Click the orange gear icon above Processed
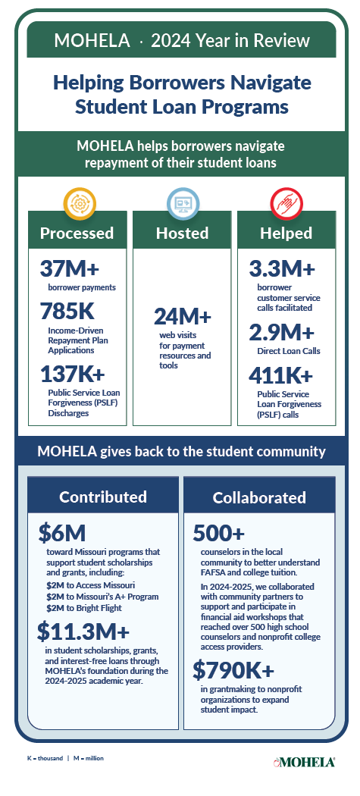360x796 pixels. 77,202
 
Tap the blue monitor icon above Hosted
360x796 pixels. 182,202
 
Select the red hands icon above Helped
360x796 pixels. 286,202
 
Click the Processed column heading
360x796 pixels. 77,233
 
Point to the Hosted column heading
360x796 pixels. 182,233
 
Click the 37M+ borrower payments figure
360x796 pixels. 70,269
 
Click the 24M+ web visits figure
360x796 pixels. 183,316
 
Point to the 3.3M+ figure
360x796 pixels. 282,269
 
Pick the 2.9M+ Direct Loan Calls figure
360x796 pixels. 282,332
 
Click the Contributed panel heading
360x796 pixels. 103,497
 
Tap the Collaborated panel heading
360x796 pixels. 259,497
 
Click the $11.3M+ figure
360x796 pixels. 83,631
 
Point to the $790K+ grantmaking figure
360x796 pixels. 233,670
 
